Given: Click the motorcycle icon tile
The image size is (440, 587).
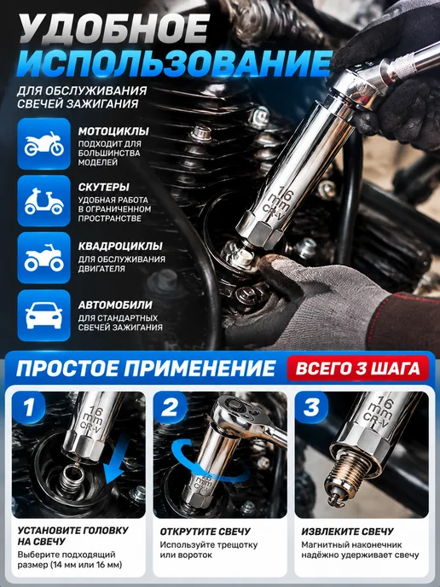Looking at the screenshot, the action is point(43,143).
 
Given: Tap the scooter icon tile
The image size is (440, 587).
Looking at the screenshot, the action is point(43,201).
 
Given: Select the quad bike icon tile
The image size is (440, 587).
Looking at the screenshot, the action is point(43,258).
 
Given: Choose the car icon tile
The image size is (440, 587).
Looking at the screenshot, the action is point(43,315).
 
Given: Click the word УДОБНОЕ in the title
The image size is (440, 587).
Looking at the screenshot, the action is point(114,30).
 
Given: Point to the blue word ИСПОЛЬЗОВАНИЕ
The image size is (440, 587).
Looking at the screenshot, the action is point(174,63).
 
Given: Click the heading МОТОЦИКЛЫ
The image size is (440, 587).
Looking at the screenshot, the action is point(113,131).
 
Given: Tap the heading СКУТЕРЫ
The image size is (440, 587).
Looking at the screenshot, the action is point(104,187).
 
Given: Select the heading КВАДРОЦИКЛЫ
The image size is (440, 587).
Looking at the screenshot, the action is point(120,246).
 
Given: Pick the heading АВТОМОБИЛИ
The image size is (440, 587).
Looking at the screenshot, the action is point(115,305).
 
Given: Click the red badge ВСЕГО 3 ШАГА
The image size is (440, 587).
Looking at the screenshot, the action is point(357,368).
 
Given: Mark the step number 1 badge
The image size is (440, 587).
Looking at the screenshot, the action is point(29,407).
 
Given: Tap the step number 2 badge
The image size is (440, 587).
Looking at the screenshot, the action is point(170,407).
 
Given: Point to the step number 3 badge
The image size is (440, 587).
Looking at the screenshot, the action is point(311,407).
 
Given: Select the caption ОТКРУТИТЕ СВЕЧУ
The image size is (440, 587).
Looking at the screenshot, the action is point(206,532).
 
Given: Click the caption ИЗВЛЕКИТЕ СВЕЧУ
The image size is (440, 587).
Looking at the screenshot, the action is point(348,532).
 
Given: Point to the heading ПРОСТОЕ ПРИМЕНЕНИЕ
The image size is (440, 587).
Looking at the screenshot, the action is point(146,368).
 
